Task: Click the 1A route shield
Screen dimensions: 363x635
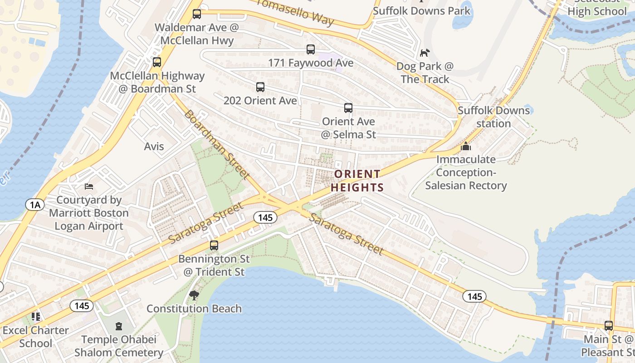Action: click(35, 205)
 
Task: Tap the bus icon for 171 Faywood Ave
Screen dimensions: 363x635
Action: click(311, 49)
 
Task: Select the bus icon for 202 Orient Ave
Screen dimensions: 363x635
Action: click(260, 87)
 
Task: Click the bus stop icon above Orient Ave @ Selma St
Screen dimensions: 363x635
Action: click(348, 108)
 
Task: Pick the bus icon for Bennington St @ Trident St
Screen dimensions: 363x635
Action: click(214, 245)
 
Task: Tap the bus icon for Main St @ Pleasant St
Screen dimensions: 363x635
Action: click(609, 325)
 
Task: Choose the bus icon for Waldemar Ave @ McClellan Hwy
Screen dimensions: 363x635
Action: click(197, 14)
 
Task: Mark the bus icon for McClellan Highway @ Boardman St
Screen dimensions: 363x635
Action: click(157, 62)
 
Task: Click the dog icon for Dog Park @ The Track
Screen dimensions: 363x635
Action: click(425, 53)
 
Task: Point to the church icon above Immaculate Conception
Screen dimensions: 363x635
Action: click(466, 147)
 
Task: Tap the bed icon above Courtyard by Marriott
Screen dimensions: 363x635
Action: click(89, 186)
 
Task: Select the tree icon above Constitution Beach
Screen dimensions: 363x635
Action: click(194, 295)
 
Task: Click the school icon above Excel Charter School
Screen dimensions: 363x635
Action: click(36, 317)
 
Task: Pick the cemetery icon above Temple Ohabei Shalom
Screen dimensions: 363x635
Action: click(119, 326)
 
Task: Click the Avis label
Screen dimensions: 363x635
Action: click(154, 147)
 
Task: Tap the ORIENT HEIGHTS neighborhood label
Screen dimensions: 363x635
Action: click(357, 181)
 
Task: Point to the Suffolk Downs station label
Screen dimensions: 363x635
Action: click(493, 117)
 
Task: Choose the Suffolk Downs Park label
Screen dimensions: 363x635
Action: click(422, 10)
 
